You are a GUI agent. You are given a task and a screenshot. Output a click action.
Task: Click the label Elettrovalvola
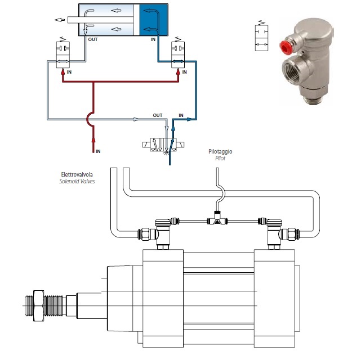pos(76,174)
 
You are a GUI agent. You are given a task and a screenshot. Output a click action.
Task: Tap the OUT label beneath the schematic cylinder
pos(93,40)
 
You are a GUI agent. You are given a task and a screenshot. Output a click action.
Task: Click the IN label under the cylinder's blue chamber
pos(153,40)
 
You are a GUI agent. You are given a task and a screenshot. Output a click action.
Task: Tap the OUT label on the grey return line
pos(158,115)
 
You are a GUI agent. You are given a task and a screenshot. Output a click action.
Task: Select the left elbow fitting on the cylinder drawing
pos(162,230)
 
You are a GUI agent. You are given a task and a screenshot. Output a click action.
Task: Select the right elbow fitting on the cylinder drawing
pos(272,230)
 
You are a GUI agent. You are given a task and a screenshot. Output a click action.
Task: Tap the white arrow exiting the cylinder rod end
pos(59,20)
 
